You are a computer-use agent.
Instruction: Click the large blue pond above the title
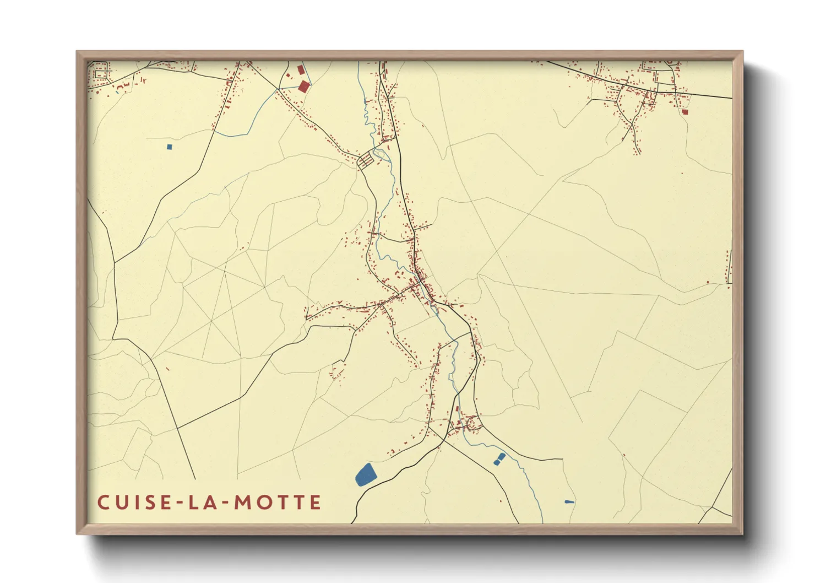(365, 474)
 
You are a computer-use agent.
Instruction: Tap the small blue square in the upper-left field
(169, 147)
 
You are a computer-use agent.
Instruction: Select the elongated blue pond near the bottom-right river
(569, 501)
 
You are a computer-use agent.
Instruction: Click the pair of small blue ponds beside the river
(499, 459)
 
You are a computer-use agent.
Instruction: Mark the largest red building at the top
(303, 86)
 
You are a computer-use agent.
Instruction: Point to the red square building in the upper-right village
(684, 112)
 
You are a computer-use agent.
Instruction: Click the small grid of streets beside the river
(366, 161)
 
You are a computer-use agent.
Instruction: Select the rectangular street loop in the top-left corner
(100, 73)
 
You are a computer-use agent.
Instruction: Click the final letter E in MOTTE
(316, 503)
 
